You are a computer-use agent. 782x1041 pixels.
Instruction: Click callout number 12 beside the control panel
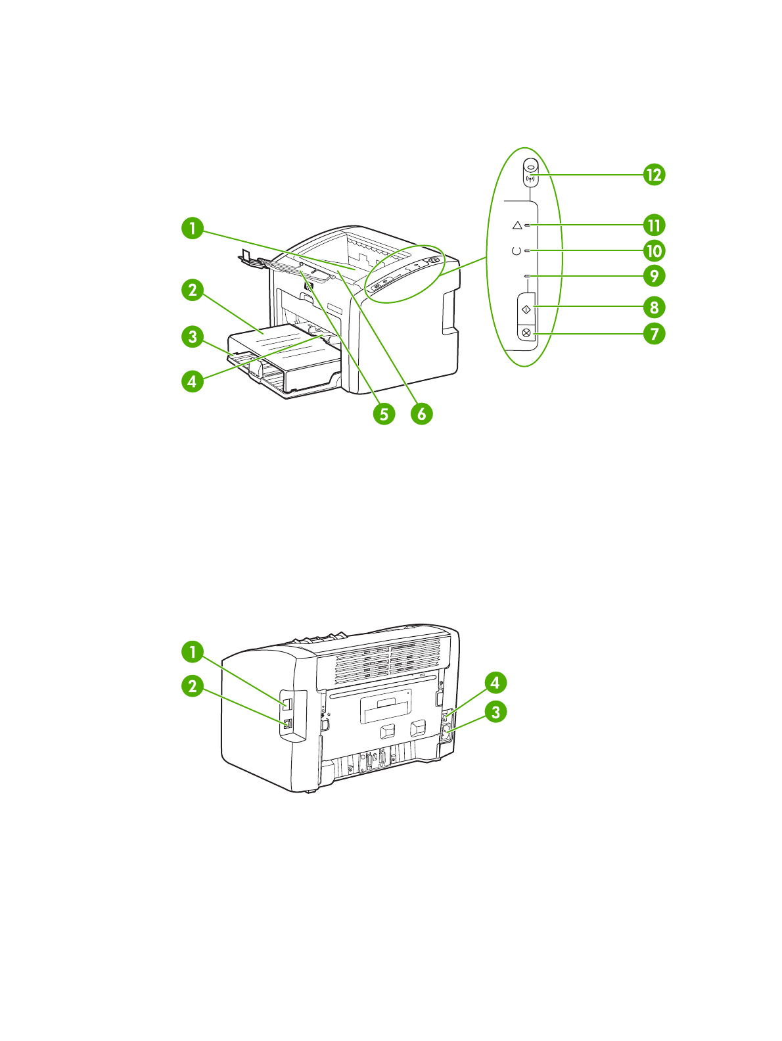pos(654,175)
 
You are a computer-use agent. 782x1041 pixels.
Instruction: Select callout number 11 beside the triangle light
pos(654,225)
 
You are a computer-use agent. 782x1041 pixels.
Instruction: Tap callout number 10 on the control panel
pos(654,251)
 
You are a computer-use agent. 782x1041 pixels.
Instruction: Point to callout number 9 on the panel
pos(654,276)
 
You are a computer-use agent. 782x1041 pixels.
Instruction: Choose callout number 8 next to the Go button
pos(654,307)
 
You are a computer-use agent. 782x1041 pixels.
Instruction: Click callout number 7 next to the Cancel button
pos(654,333)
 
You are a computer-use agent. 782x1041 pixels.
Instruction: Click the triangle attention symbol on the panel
pos(517,225)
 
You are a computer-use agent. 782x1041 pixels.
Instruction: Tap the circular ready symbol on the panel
pos(516,251)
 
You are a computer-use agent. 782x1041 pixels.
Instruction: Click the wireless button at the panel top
pos(531,172)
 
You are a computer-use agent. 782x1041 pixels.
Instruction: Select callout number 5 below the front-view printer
pos(384,413)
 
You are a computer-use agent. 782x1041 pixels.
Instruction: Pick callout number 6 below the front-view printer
pos(422,413)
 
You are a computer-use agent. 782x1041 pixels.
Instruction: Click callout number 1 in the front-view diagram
pos(193,229)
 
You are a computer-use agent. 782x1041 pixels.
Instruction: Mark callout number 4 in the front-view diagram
pos(193,381)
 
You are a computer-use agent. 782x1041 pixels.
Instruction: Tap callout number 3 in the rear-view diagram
pos(495,712)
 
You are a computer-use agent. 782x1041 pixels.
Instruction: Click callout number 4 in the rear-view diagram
pos(495,683)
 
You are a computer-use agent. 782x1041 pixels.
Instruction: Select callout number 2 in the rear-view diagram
pos(193,687)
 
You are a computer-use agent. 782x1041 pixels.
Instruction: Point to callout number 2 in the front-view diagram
pos(193,290)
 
